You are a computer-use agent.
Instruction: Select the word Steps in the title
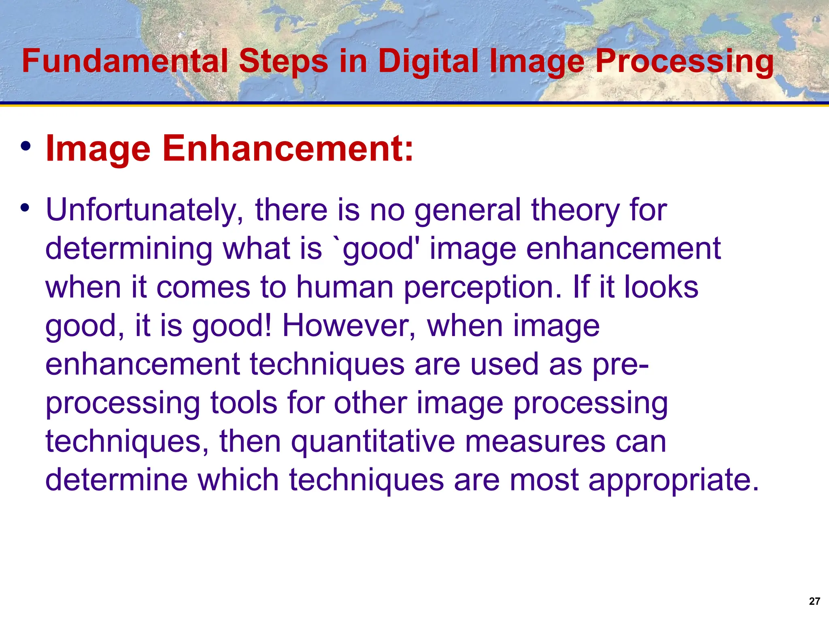[283, 61]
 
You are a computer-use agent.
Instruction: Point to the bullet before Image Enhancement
[26, 146]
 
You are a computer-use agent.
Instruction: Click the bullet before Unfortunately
[26, 208]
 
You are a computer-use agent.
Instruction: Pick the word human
[345, 287]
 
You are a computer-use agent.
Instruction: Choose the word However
[349, 325]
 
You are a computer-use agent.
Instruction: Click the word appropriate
[673, 480]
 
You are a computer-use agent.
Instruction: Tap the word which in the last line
[238, 480]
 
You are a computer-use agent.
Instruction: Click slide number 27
[814, 601]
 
